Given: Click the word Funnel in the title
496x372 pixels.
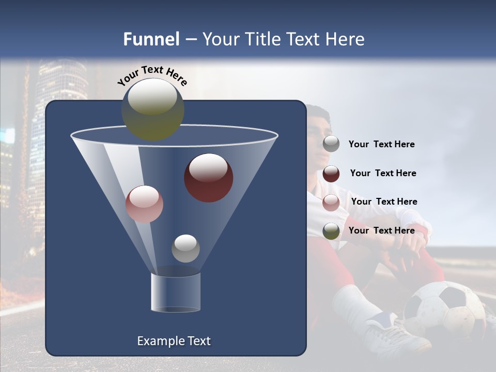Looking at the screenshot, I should pyautogui.click(x=151, y=39).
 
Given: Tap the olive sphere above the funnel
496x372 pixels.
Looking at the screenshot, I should pyautogui.click(x=153, y=109).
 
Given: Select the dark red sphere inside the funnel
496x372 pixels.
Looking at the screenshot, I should pyautogui.click(x=208, y=177).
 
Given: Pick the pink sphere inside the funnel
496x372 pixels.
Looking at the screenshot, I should pyautogui.click(x=144, y=204).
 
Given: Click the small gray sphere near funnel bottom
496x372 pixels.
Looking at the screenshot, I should pyautogui.click(x=185, y=248).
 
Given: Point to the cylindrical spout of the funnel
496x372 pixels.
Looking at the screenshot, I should pyautogui.click(x=176, y=292).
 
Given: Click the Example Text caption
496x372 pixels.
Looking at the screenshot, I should pyautogui.click(x=174, y=341).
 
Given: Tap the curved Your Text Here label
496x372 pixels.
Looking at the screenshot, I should pyautogui.click(x=152, y=75).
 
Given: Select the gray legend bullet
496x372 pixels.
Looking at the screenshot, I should pyautogui.click(x=331, y=144).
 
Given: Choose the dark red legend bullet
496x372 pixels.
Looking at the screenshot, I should pyautogui.click(x=331, y=174).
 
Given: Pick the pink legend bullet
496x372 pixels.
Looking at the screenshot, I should pyautogui.click(x=331, y=202).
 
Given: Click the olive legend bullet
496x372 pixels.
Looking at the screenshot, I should pyautogui.click(x=331, y=231).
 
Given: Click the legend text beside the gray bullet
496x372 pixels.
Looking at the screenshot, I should pyautogui.click(x=381, y=145).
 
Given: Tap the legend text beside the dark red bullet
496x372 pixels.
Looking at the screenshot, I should pyautogui.click(x=383, y=174).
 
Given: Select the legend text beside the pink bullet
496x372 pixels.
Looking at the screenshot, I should pyautogui.click(x=384, y=202).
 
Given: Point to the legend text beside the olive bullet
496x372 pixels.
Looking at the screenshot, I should pyautogui.click(x=381, y=231).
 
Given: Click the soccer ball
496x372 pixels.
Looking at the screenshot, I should pyautogui.click(x=444, y=310).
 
